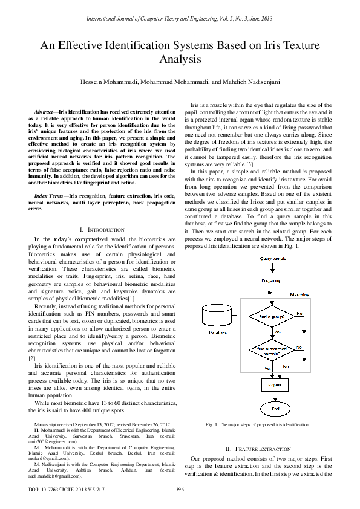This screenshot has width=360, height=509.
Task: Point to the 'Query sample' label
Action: click(x=272, y=259)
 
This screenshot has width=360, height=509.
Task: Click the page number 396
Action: click(x=179, y=489)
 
